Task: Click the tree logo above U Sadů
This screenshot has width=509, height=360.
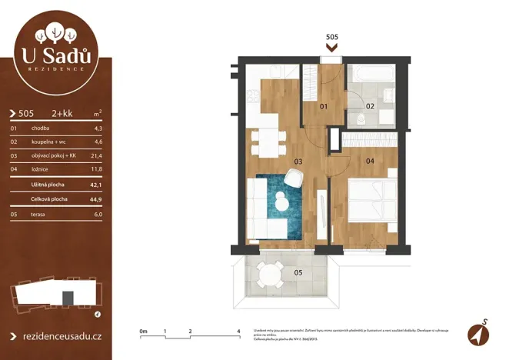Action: pos(56,32)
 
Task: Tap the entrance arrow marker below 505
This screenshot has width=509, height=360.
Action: pos(332,47)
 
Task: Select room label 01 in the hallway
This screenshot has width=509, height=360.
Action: pos(324,106)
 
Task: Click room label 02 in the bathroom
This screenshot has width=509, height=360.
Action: pos(370,106)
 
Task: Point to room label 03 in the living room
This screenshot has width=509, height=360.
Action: pos(298,162)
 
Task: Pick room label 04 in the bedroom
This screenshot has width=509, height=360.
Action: pos(370,162)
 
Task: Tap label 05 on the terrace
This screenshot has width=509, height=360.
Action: pos(299,272)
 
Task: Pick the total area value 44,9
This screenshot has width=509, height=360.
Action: pos(95,198)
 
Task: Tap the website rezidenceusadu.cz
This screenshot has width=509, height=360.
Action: pos(60,336)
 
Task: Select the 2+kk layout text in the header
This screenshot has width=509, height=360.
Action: pos(62,113)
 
